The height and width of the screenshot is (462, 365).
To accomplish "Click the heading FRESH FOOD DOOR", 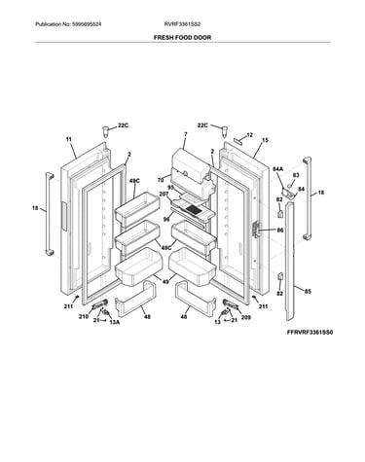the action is [182, 38].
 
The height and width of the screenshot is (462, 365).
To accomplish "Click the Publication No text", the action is [68, 24].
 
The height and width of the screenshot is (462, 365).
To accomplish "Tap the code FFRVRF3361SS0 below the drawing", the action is [310, 333].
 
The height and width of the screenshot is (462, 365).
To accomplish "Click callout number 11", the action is [69, 139].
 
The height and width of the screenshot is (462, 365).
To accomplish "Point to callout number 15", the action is [265, 140].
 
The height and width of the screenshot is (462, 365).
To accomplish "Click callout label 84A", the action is [277, 169].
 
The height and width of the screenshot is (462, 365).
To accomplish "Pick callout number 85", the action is [308, 292].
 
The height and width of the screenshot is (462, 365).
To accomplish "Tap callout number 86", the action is [280, 231].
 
